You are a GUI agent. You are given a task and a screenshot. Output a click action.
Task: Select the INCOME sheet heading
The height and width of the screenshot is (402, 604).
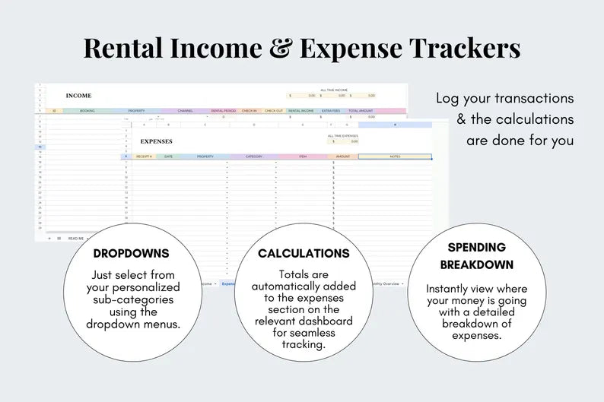click(78, 96)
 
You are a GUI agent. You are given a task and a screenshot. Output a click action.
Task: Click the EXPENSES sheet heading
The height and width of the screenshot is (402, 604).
click(157, 141)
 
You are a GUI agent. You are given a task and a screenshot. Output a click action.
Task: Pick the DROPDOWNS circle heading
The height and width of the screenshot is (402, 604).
click(131, 253)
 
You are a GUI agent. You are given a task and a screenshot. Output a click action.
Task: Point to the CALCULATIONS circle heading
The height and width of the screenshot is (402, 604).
click(304, 253)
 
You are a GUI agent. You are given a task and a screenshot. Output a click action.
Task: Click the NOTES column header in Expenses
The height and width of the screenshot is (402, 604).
click(394, 157)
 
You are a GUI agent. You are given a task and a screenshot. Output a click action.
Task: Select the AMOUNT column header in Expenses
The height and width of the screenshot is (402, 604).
click(342, 157)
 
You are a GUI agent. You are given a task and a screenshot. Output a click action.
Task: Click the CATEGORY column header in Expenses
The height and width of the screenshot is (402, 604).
click(253, 157)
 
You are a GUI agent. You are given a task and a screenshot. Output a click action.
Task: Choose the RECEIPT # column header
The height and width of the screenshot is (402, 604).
click(144, 157)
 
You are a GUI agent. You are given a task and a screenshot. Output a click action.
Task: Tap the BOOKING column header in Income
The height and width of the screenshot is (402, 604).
click(87, 110)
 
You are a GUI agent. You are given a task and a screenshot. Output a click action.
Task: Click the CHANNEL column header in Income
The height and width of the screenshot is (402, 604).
click(186, 110)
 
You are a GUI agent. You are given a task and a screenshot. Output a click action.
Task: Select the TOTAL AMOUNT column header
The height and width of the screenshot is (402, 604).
click(360, 110)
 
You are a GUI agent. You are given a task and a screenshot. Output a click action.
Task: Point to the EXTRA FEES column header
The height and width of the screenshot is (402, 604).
click(331, 110)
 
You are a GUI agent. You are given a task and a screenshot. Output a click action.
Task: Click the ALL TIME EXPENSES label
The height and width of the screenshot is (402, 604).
click(344, 135)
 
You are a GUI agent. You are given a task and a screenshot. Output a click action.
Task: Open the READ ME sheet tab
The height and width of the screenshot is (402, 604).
click(76, 238)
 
